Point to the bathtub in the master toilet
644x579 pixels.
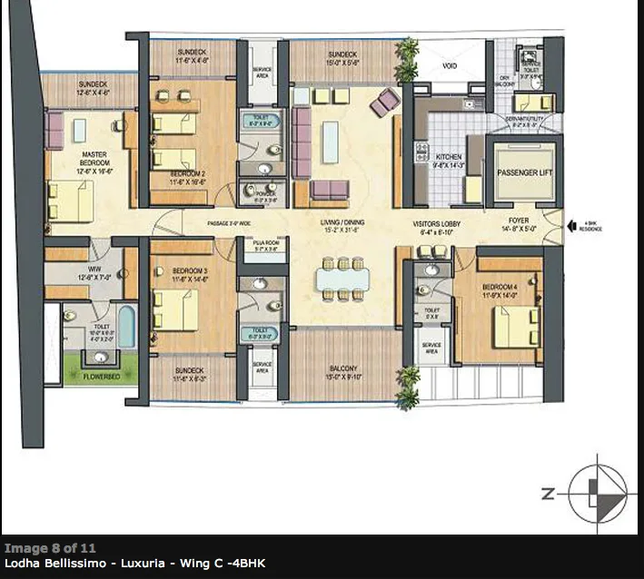126,326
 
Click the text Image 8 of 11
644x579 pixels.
49,549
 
